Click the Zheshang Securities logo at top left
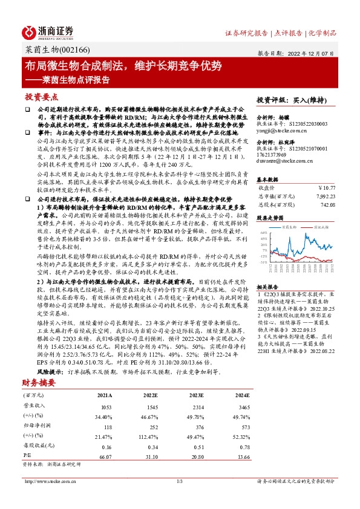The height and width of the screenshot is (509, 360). point(48,31)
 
